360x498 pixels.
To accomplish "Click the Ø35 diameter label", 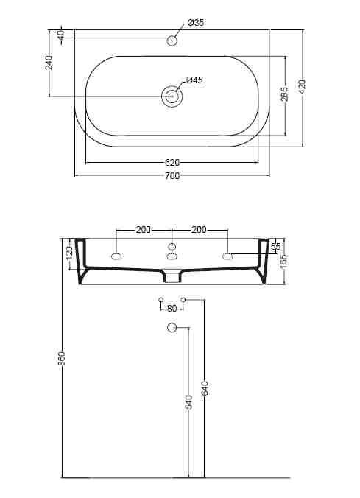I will (x=195, y=24).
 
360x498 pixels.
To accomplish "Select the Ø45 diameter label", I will (x=195, y=80).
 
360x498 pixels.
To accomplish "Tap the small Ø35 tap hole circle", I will (x=172, y=40).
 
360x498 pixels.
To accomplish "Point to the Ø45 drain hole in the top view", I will (x=172, y=95).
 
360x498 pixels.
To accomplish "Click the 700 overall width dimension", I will (x=172, y=176).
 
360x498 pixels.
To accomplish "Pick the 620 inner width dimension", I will (x=172, y=162).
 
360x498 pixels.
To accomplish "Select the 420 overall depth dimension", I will (x=302, y=88).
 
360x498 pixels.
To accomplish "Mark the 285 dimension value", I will (x=284, y=95).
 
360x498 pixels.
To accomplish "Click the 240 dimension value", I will (x=49, y=63).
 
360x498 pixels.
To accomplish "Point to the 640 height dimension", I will (x=205, y=387).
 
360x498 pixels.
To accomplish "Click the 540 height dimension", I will (x=189, y=402).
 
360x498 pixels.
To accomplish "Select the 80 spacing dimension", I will (x=172, y=308).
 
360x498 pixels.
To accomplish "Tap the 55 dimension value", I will (x=276, y=247).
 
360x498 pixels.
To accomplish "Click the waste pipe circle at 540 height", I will (x=172, y=328).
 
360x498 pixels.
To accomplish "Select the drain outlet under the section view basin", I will (x=172, y=278).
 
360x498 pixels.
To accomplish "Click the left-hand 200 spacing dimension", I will (x=144, y=230).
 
